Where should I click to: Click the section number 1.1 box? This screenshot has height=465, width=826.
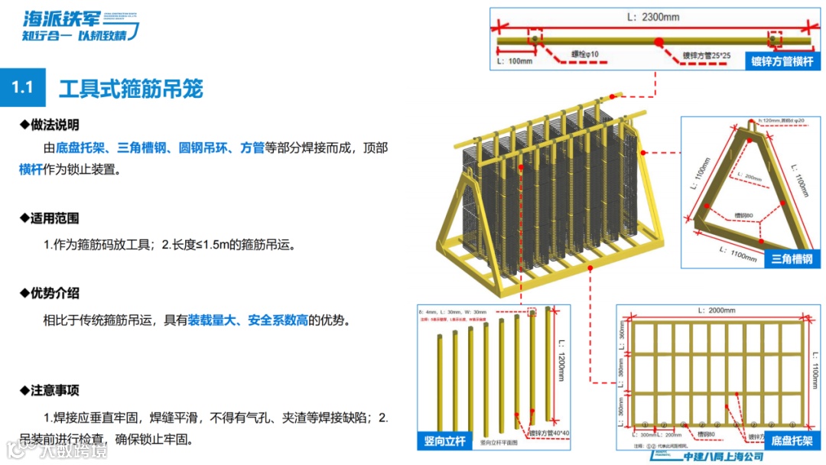coord(23,86)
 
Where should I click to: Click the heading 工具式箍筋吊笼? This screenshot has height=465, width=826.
coord(131,88)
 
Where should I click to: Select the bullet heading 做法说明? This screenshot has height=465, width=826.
coord(54,125)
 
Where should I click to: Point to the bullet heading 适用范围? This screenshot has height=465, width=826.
coord(54,218)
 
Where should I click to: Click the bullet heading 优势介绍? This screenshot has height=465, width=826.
coord(54,293)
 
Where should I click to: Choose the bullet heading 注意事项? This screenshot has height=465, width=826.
coord(54,391)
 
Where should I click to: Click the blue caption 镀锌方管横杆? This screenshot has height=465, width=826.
coord(782,61)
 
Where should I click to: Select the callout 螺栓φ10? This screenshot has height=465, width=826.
coord(584,54)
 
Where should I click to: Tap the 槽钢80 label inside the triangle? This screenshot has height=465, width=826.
coord(743,216)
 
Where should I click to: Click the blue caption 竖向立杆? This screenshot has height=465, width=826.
coord(445,441)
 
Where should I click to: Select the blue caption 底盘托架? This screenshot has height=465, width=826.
coord(792,441)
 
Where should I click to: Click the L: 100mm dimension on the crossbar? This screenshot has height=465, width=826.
coord(514,60)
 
